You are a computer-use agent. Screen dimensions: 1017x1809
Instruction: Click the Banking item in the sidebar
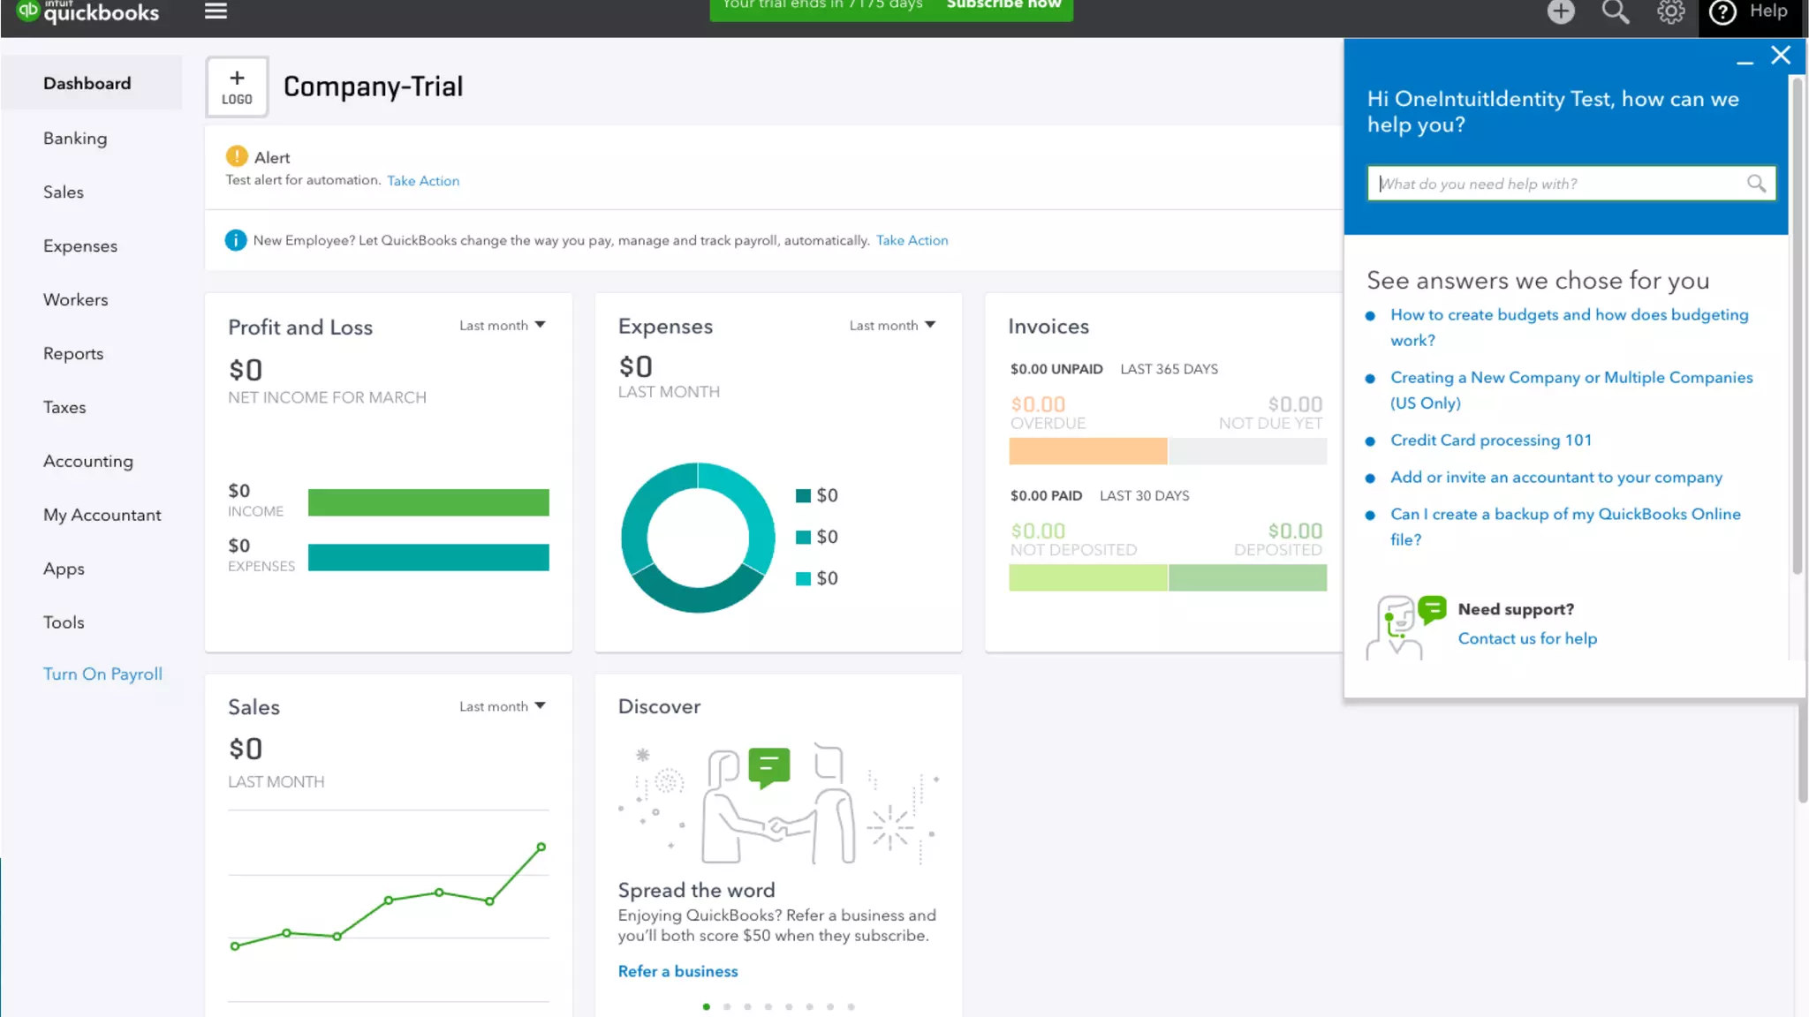[75, 139]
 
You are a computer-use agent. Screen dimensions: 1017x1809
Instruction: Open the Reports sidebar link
[73, 354]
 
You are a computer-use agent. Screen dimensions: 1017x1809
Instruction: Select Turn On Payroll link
[102, 674]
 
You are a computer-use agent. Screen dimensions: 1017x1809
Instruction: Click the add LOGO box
[237, 87]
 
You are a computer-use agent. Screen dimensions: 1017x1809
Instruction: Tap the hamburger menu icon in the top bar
[216, 11]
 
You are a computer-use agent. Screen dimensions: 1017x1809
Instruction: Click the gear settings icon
[1670, 11]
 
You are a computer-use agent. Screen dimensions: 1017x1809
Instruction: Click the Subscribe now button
[1003, 5]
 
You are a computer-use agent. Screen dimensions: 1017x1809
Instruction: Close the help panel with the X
[1781, 56]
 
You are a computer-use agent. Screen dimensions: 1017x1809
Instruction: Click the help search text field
[1559, 184]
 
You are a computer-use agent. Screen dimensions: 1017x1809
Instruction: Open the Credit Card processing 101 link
[1491, 441]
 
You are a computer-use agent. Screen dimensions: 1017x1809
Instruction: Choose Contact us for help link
[1527, 639]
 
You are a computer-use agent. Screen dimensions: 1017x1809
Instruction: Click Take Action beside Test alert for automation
[423, 181]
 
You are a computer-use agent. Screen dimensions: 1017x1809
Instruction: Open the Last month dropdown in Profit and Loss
[503, 326]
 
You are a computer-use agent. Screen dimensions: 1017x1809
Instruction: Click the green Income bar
[428, 503]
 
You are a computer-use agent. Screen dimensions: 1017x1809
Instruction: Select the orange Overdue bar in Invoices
[1087, 451]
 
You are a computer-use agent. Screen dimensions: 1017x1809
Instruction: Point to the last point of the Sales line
[541, 847]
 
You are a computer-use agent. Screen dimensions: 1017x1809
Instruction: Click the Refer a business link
[677, 971]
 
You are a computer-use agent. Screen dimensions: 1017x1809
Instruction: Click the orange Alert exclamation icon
[237, 156]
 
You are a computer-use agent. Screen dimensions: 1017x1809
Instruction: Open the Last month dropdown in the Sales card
[503, 707]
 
